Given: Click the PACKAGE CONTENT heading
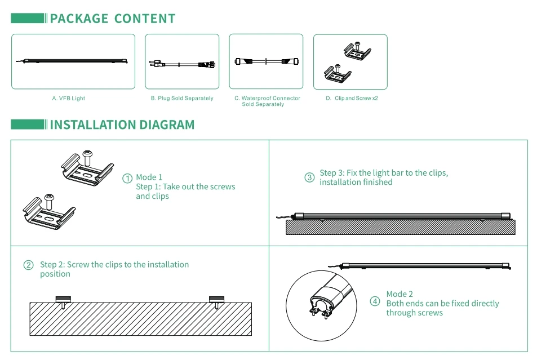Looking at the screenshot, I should click(x=113, y=19).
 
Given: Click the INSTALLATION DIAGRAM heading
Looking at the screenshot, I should click(x=122, y=125).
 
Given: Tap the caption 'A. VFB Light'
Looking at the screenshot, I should click(x=68, y=99).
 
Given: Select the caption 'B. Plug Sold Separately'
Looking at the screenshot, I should click(x=182, y=99).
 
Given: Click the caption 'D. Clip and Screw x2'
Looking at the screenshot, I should click(x=352, y=99).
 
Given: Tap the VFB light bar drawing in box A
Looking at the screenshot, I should click(x=73, y=61).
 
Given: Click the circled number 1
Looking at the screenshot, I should click(x=127, y=178).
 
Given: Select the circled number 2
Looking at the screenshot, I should click(x=28, y=265).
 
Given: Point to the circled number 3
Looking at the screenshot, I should click(x=309, y=177).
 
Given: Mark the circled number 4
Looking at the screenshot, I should click(x=375, y=301).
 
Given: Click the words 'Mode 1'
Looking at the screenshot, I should click(x=149, y=177).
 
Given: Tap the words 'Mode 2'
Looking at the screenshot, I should click(x=400, y=294).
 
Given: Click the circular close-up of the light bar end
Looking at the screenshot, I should click(x=322, y=306).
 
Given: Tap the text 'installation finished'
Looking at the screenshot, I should click(x=356, y=183).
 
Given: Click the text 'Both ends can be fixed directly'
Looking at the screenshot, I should click(x=442, y=304).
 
